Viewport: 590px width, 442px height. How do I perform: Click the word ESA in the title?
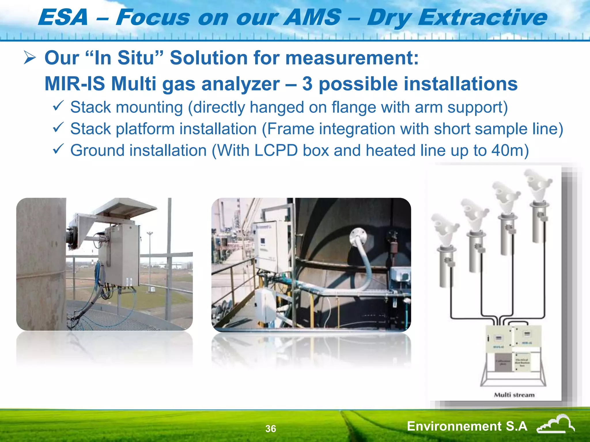point(63,17)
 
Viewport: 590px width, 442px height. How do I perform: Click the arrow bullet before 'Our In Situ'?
point(30,58)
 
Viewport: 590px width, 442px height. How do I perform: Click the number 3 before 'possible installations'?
point(307,84)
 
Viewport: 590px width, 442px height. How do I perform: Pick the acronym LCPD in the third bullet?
point(276,150)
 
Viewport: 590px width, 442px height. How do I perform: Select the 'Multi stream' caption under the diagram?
point(514,395)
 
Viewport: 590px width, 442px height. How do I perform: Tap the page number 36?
point(271,429)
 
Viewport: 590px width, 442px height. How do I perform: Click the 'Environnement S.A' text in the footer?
point(467,426)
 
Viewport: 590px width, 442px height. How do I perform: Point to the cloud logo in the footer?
point(555,424)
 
